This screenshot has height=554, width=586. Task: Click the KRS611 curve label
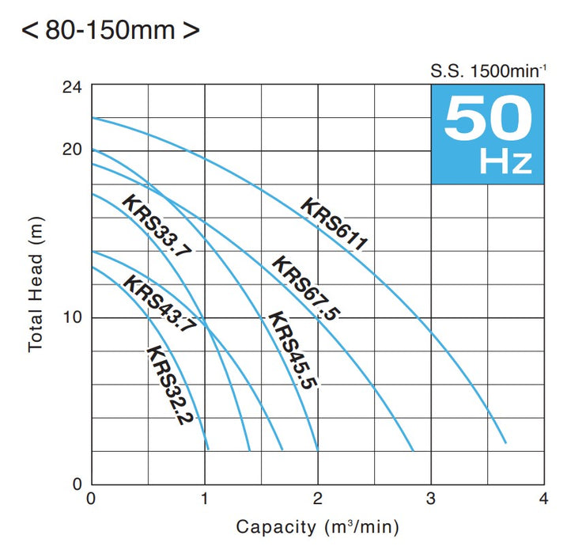tap(335, 226)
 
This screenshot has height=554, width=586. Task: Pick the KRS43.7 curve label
tap(159, 304)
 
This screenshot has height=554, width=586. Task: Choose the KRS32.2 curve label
tap(170, 385)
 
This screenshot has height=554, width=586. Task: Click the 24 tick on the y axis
tap(71, 86)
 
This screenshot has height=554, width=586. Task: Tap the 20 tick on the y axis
tap(71, 150)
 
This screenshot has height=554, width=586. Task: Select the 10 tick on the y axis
tap(71, 317)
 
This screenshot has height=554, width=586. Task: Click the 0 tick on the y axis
tap(77, 484)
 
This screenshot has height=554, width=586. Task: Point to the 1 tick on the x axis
tap(205, 500)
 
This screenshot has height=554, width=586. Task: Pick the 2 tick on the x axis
tap(318, 500)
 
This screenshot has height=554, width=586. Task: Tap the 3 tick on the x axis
tap(431, 500)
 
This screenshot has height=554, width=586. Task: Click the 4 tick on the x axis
tap(543, 500)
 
